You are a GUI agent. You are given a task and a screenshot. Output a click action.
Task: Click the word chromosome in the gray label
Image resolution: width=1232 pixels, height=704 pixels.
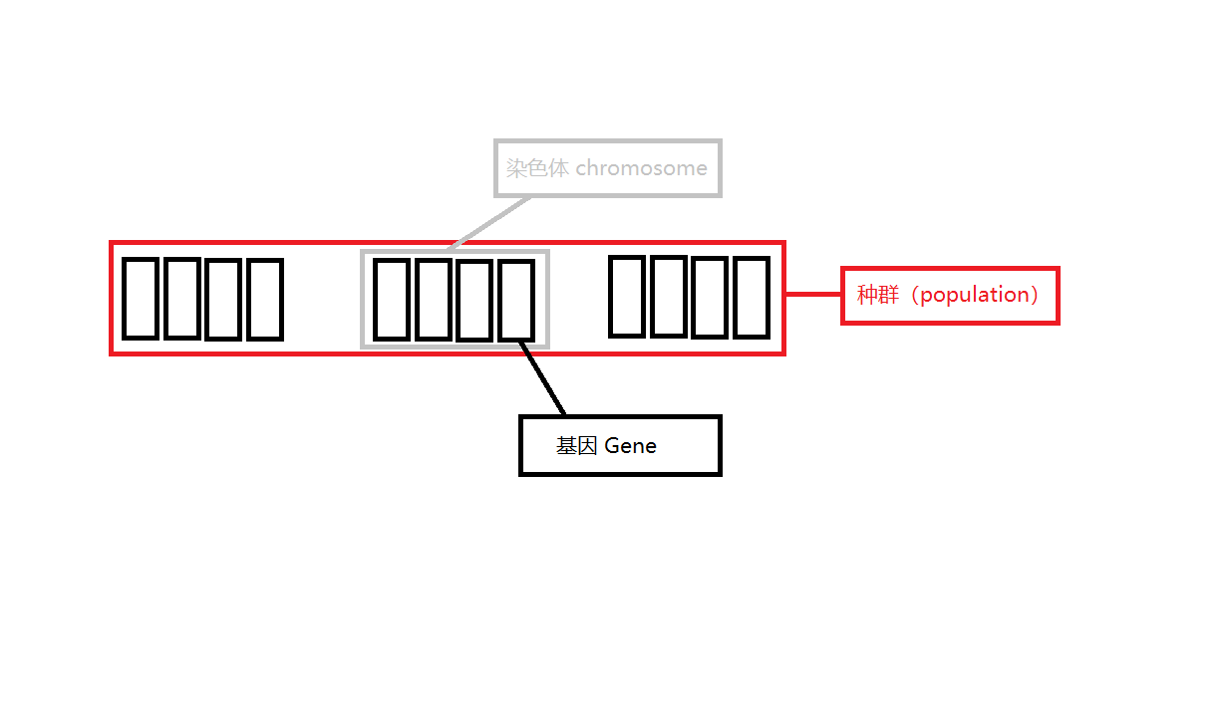641,168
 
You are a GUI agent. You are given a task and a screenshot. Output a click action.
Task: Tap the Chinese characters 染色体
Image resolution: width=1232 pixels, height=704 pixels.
537,168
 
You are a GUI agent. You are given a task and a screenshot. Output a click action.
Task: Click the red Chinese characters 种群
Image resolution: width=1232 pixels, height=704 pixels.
878,295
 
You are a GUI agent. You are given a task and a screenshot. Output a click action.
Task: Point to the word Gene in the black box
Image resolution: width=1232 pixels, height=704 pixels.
630,445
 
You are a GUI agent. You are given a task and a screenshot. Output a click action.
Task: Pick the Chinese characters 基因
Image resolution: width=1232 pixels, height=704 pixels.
577,445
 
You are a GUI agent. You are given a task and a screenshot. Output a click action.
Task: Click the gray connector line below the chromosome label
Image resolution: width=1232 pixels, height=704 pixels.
490,221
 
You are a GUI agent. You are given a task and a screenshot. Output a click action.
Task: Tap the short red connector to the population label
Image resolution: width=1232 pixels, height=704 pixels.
813,294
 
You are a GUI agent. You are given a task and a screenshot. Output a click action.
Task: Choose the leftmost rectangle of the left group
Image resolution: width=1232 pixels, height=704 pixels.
141,298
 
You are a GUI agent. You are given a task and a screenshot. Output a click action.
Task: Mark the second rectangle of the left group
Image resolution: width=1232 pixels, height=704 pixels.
182,298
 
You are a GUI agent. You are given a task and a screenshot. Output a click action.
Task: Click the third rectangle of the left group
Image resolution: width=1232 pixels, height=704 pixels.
224,299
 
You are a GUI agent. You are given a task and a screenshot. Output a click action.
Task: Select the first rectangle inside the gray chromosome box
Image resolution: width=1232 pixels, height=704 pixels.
392,299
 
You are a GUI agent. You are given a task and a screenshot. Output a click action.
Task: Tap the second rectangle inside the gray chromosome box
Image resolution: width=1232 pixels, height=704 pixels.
434,299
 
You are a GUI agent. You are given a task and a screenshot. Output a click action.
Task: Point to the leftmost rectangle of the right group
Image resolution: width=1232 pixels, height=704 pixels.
627,296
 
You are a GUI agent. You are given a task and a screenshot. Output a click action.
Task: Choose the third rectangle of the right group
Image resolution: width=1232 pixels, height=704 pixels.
710,297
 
